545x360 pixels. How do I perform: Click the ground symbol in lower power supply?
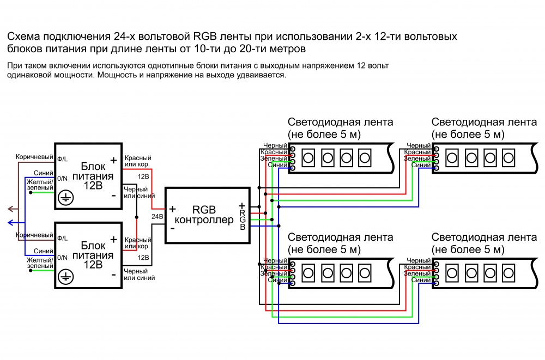pos(65,276)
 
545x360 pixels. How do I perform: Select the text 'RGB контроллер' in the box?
pos(204,215)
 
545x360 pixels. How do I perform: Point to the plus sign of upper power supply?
pos(113,160)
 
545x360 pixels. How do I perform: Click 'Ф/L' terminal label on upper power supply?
pos(63,159)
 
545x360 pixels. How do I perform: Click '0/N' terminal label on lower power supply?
pos(63,257)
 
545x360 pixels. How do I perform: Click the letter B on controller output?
pos(242,226)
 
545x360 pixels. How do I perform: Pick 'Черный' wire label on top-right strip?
pos(419,146)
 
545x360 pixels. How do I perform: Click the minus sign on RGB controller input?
pos(172,228)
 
